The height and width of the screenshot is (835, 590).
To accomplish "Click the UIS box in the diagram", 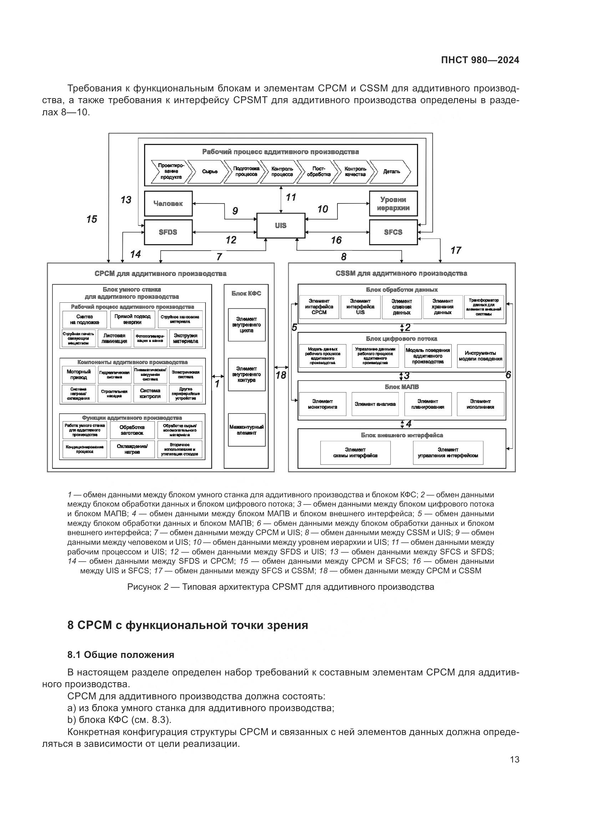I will (x=280, y=226).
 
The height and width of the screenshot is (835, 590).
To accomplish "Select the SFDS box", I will (x=168, y=232).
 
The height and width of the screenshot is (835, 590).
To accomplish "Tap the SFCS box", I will (x=393, y=232).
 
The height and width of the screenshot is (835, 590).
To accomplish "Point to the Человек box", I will (x=168, y=203).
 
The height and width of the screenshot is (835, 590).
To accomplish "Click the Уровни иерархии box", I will (x=393, y=203).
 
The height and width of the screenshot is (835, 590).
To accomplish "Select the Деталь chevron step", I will (x=392, y=172).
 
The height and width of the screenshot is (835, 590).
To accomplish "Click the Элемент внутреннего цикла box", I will (x=246, y=325).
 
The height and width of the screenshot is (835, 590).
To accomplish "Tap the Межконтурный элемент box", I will (x=246, y=430).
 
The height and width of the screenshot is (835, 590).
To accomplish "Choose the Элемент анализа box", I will (x=375, y=404).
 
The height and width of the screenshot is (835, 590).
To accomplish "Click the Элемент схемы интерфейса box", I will (x=355, y=453).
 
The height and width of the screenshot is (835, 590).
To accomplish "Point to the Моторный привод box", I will (x=78, y=374).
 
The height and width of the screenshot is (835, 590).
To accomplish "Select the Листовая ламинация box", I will (x=114, y=338).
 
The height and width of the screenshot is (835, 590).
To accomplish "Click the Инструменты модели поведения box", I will (x=480, y=356).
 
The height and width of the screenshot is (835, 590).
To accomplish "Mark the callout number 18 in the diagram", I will (x=281, y=375).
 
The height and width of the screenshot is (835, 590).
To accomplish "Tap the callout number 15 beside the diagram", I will (x=92, y=219).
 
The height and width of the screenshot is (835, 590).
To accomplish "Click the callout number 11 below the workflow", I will (x=291, y=197).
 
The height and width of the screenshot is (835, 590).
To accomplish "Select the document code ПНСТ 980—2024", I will (x=480, y=60).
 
